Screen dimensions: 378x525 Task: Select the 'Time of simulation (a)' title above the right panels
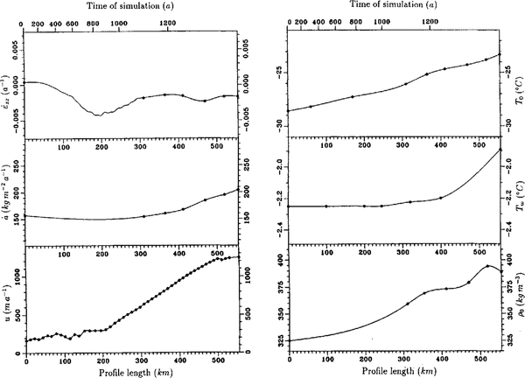click(393, 6)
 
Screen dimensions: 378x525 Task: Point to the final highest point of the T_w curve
click(500, 150)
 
